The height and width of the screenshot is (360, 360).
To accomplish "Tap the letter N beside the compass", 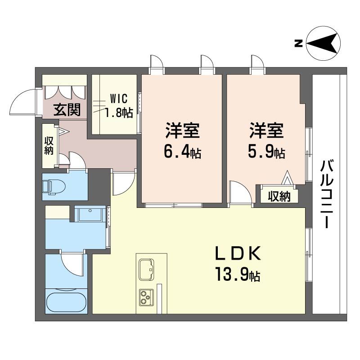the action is (x=298, y=43).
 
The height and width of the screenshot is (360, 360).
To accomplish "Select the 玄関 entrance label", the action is (x=67, y=109).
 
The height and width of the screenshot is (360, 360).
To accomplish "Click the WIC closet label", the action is (x=118, y=99).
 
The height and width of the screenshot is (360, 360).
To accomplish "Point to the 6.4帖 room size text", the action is (x=183, y=152).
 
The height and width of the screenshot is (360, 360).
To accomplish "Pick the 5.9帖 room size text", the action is (x=266, y=152).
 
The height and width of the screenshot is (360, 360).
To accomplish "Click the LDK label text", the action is (x=238, y=253).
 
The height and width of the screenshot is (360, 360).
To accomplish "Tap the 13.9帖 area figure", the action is (x=238, y=274).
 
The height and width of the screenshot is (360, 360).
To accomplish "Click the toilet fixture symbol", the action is (x=54, y=187).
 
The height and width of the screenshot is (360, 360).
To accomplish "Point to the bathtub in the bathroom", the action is (x=66, y=302).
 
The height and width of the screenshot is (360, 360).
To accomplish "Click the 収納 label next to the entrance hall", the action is (x=49, y=146).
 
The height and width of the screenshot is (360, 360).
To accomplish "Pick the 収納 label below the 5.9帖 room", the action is (x=279, y=197).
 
